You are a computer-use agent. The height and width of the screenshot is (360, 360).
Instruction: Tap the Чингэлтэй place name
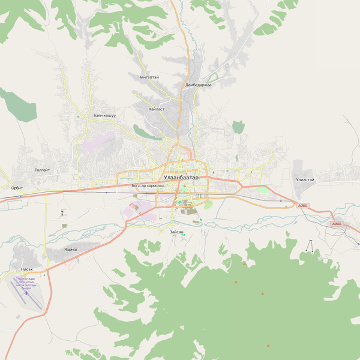[x=149, y=77]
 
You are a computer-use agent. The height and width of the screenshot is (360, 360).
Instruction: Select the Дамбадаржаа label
[x=198, y=85]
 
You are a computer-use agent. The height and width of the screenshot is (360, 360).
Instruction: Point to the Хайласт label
[x=157, y=109]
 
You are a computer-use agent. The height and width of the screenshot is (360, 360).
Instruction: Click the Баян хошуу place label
[x=104, y=115]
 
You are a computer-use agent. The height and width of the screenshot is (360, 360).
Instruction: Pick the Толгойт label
[x=43, y=170]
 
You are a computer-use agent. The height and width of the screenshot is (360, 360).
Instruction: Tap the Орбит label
[x=17, y=188]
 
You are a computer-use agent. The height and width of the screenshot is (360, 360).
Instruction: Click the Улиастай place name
[x=305, y=179]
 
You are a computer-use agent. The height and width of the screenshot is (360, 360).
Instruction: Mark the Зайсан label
[x=176, y=231]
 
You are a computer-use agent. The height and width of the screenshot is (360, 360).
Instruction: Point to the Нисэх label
[x=27, y=269]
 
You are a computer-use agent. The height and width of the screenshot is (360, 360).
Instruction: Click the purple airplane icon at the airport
[x=26, y=293]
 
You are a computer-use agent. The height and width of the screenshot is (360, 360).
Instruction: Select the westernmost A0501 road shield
[x=302, y=206]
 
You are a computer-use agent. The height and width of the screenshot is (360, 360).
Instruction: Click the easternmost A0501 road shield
[x=337, y=224]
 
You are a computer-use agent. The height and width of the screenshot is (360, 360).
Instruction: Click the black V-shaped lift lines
[x=310, y=246]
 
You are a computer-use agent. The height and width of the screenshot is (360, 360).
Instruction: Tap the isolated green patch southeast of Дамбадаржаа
[x=239, y=127]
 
